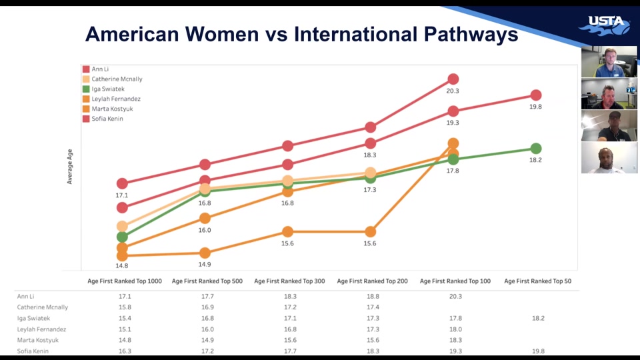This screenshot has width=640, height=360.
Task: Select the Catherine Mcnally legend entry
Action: pyautogui.click(x=117, y=79)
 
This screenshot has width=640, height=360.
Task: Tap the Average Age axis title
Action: pyautogui.click(x=70, y=167)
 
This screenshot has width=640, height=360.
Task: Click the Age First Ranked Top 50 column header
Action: pyautogui.click(x=537, y=281)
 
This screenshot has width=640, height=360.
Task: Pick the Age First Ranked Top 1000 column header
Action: pyautogui.click(x=125, y=281)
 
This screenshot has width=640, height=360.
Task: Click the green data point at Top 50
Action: pyautogui.click(x=536, y=149)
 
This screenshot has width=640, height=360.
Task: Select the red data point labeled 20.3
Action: pyautogui.click(x=453, y=79)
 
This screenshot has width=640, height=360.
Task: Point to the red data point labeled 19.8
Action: pyautogui.click(x=536, y=95)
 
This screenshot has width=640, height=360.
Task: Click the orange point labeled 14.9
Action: pyautogui.click(x=205, y=253)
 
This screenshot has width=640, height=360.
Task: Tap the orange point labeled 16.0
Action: pyautogui.click(x=205, y=218)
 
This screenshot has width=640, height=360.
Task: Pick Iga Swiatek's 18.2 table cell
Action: pyautogui.click(x=537, y=318)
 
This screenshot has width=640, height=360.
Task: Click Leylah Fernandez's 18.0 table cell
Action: pyautogui.click(x=455, y=329)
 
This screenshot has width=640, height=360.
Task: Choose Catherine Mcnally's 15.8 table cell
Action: pyautogui.click(x=125, y=307)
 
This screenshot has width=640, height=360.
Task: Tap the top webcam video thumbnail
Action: pyautogui.click(x=609, y=62)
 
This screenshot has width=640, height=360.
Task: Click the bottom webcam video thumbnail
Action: pyautogui.click(x=609, y=158)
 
